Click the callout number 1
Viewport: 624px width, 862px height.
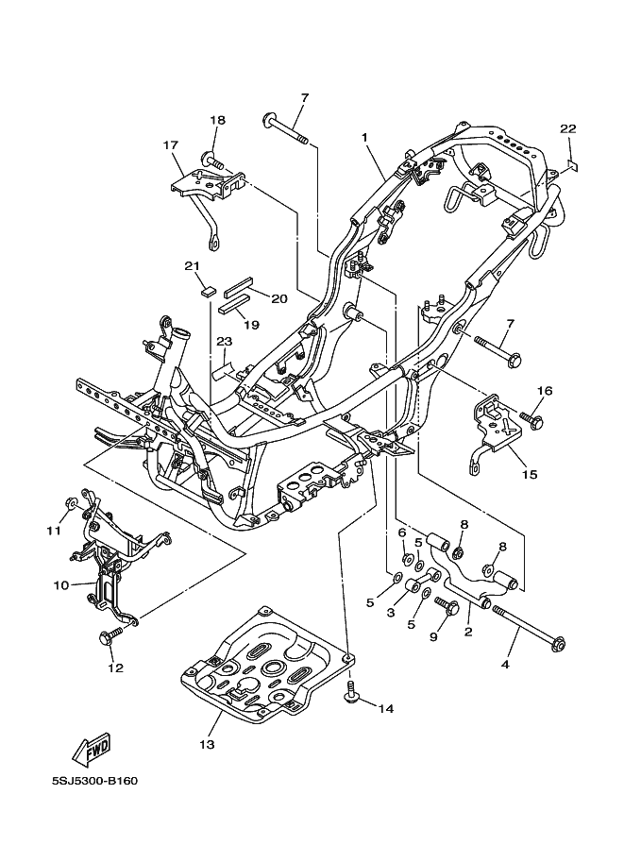364,138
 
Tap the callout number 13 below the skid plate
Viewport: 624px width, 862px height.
207,745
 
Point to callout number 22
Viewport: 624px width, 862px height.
567,129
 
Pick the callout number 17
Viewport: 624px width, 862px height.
171,145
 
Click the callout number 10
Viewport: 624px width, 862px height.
60,585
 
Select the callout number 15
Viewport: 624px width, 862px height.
530,474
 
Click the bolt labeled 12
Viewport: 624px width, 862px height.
110,638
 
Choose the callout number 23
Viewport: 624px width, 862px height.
225,341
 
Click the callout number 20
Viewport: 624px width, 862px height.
278,298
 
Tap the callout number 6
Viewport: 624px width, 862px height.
400,533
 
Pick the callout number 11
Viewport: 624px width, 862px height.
54,531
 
